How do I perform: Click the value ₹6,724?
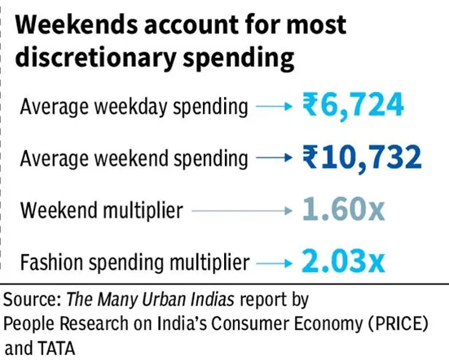pyautogui.click(x=353, y=106)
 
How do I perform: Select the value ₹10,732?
pyautogui.click(x=362, y=158)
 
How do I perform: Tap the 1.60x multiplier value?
pyautogui.click(x=343, y=210)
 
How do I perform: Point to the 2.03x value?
pyautogui.click(x=343, y=261)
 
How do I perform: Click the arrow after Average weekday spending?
pyautogui.click(x=274, y=107)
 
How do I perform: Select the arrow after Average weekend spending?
pyautogui.click(x=274, y=158)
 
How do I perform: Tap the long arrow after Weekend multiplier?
pyautogui.click(x=242, y=211)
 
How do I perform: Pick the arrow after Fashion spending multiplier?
pyautogui.click(x=274, y=263)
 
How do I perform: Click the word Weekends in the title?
pyautogui.click(x=77, y=25)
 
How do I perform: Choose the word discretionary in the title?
pyautogui.click(x=95, y=57)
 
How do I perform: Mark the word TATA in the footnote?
pyautogui.click(x=56, y=349)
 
